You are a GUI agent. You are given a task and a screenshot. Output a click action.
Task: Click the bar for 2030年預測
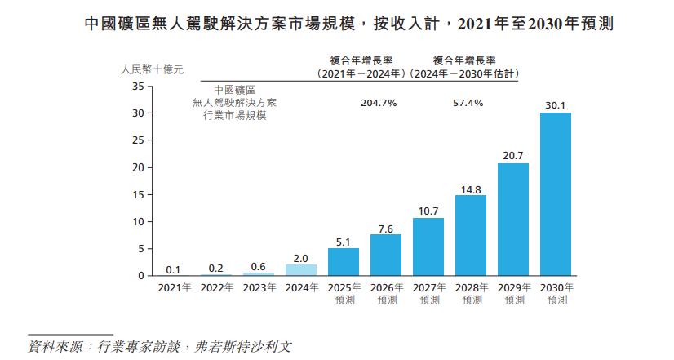[556, 194]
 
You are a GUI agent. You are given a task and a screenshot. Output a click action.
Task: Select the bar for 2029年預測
[513, 220]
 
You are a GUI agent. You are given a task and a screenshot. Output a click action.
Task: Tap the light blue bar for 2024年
[301, 270]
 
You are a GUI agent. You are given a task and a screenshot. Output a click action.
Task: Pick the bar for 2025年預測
[344, 262]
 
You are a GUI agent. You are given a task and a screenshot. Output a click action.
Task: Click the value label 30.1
[556, 105]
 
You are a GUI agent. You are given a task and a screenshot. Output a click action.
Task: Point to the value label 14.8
[471, 189]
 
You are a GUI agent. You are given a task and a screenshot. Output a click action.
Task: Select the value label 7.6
[386, 229]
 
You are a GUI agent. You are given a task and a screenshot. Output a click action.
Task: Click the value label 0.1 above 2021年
[173, 269]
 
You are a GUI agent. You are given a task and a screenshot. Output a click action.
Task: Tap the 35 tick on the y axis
[138, 87]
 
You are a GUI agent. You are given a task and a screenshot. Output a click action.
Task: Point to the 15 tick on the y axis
[138, 195]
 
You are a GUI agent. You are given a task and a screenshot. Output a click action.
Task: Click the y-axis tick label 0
[141, 276]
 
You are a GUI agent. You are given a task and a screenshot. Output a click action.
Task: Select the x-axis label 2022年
[217, 287]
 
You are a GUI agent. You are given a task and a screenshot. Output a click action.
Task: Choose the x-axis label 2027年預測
[429, 294]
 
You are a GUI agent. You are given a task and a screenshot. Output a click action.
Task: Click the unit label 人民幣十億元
[152, 69]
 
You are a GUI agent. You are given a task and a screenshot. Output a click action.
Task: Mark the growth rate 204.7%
[379, 103]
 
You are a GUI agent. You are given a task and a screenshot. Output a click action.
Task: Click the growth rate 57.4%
[468, 103]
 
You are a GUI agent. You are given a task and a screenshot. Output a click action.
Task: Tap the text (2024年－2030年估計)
[464, 74]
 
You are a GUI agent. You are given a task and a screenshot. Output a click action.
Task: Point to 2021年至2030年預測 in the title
[535, 24]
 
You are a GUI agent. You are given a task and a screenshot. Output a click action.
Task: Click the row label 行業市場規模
[235, 116]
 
